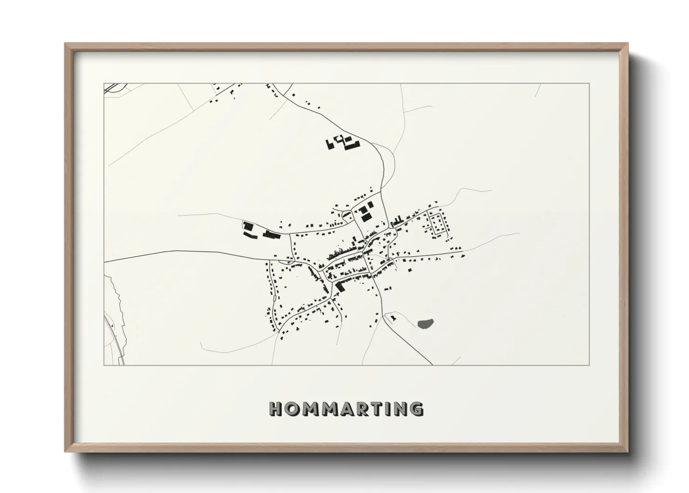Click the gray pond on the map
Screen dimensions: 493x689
[x=426, y=323]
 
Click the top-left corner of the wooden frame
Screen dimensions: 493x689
[x=65, y=44]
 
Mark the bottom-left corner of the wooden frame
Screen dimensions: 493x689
[x=65, y=452]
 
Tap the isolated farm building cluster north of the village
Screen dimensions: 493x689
[x=343, y=142]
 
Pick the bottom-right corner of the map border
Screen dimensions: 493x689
[x=589, y=365]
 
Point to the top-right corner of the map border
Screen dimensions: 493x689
[x=589, y=83]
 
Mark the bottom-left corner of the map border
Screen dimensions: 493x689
[x=104, y=365]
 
